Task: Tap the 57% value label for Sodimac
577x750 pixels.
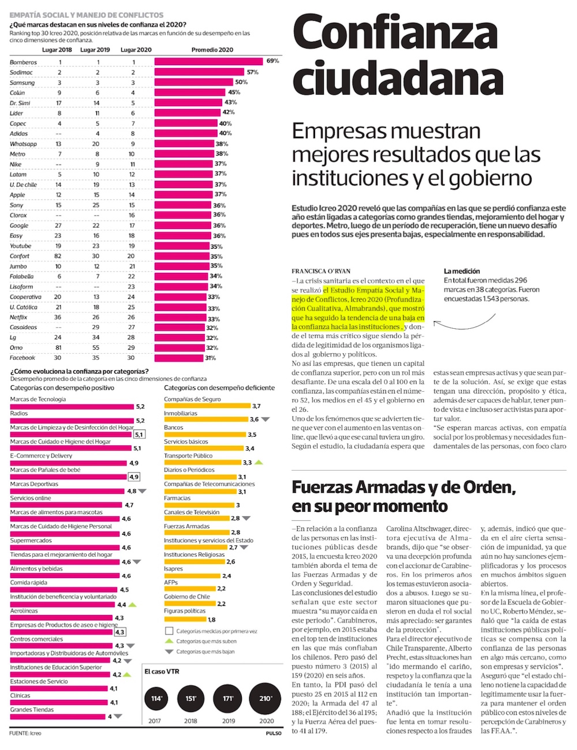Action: pos(253,72)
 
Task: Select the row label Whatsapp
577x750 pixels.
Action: pos(23,144)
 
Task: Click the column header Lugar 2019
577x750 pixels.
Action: pos(95,50)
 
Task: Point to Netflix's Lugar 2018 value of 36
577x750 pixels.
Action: pos(58,317)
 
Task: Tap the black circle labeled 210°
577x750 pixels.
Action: pos(266,699)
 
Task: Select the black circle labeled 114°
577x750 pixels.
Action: pos(156,699)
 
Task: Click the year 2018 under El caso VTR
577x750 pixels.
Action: pos(190,721)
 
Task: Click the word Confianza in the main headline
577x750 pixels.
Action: pos(395,33)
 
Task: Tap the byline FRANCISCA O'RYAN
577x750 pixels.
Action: pos(321,271)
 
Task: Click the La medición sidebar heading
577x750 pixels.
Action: pos(462,271)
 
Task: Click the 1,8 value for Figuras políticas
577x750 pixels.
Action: pos(212,620)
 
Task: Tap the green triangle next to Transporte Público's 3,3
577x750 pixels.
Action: pos(259,463)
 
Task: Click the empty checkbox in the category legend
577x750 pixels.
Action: pos(169,631)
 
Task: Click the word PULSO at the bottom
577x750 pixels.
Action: pos(273,733)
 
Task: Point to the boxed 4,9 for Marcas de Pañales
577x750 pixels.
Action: pos(134,477)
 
